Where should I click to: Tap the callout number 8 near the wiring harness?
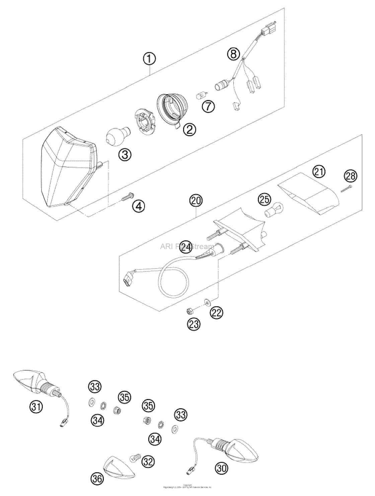(x=234, y=53)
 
